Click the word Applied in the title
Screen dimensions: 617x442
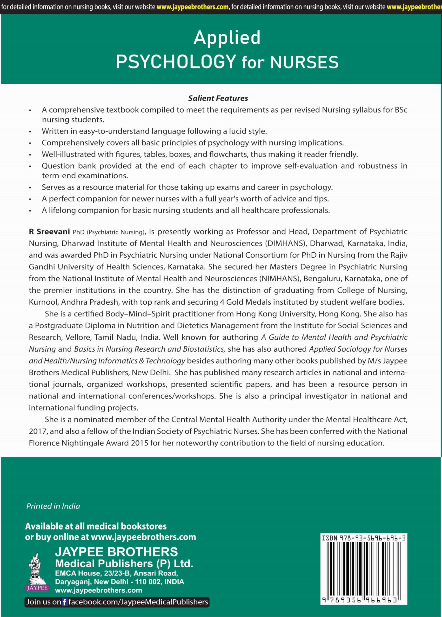[227, 38]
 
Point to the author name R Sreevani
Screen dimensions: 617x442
[49, 232]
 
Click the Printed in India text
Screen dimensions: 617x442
[53, 506]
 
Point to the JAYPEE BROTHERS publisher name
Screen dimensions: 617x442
[116, 552]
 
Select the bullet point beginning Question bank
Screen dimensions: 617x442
[224, 170]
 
